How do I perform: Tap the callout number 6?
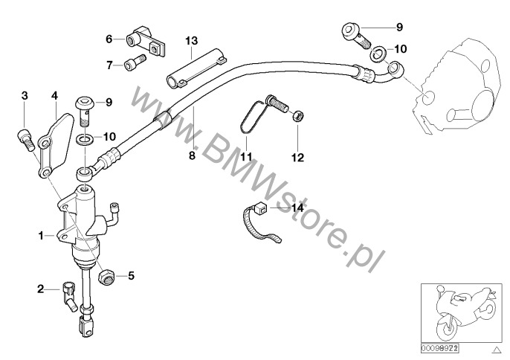(x=109, y=38)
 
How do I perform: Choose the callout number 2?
(x=42, y=287)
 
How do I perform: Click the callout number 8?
(x=191, y=155)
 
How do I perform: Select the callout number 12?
(x=297, y=157)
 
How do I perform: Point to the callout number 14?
(x=297, y=208)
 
